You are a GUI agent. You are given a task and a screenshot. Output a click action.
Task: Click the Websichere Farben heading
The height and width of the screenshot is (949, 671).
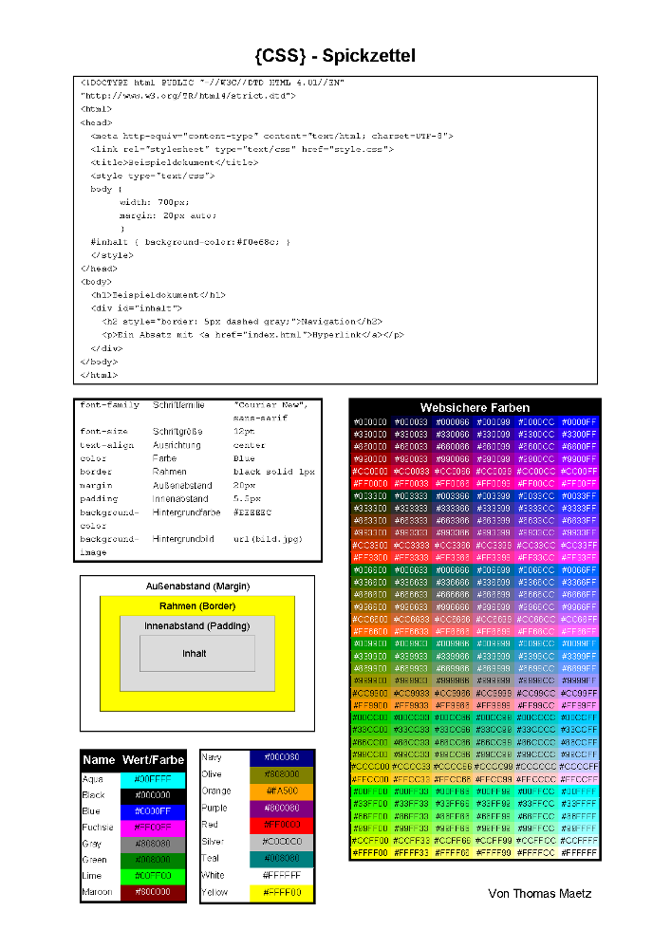pos(475,407)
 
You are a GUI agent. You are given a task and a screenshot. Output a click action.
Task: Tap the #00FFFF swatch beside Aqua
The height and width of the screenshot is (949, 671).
pos(152,779)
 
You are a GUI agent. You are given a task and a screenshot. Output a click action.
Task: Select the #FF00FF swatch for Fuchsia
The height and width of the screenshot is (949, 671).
pos(152,828)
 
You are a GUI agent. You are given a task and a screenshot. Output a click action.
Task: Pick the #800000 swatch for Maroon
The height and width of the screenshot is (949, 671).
pos(152,893)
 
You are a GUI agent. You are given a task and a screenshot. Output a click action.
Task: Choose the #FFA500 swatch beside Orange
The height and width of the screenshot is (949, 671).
pos(282,791)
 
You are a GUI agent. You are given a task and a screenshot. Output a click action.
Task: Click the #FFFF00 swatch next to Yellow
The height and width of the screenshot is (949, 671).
pos(282,893)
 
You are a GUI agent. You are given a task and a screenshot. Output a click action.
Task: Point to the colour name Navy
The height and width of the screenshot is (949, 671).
pos(213,757)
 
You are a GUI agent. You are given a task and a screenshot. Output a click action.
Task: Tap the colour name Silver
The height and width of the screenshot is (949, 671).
pos(214,842)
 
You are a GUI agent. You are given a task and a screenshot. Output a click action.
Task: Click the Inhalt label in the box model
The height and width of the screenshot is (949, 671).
pos(195,654)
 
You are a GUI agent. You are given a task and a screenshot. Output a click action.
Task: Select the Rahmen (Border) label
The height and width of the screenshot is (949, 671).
pos(197,606)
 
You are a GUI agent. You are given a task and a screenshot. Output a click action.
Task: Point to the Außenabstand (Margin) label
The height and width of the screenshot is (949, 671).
pos(197,586)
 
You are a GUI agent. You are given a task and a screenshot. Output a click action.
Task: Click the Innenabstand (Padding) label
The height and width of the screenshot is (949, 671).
pos(196,627)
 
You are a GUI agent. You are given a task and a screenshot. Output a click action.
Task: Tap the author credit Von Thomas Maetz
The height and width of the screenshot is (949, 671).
pos(539,893)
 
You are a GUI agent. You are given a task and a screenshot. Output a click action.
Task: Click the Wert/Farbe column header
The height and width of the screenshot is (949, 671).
pos(153,760)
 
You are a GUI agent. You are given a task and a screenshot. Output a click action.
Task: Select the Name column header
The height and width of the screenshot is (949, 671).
pos(99,760)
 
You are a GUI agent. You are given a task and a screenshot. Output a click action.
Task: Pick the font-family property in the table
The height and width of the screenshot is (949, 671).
pos(109,405)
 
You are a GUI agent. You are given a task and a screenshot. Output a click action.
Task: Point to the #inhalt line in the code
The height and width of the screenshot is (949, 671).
pos(189,242)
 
